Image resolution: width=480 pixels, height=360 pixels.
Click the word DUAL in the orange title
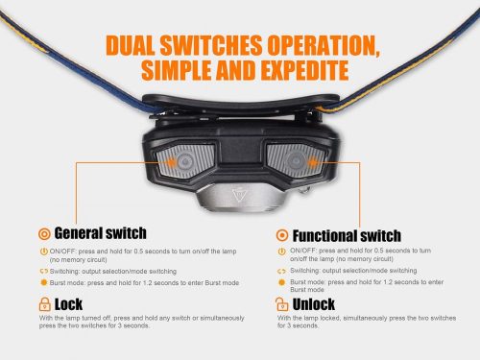(x=131, y=45)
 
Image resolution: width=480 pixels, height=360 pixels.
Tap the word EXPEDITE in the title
(x=304, y=70)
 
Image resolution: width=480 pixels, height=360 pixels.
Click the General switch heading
(x=100, y=233)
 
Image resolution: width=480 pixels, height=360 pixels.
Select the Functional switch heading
(x=347, y=236)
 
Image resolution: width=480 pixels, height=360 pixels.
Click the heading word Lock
(x=68, y=304)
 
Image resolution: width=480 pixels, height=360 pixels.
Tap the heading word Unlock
(x=314, y=304)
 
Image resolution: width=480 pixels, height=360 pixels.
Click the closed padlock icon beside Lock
(x=44, y=304)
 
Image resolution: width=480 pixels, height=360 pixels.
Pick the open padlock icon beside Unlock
(x=281, y=304)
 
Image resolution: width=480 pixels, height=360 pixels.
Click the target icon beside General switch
(x=44, y=234)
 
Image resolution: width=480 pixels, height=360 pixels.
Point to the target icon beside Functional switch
(x=282, y=235)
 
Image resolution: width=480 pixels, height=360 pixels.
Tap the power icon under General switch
(x=44, y=252)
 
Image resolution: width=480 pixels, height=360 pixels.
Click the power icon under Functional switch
(x=281, y=252)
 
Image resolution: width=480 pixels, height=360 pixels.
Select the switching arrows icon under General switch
(x=44, y=272)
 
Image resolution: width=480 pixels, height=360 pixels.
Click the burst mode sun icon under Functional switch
(x=281, y=282)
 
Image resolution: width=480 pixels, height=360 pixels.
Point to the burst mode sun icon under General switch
(x=44, y=283)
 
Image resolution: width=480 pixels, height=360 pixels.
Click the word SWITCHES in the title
(x=211, y=45)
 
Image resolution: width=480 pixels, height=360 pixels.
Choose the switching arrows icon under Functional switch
(x=281, y=272)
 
